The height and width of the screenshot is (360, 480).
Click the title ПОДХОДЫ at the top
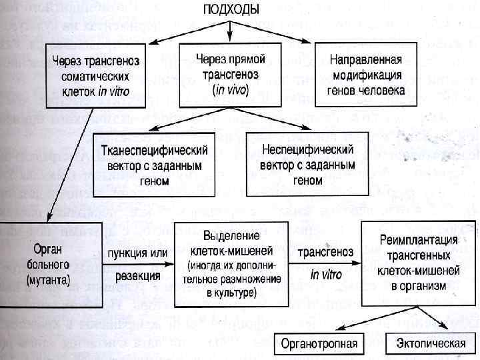(233, 10)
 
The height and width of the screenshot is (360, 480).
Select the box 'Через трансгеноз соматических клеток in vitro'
(96, 75)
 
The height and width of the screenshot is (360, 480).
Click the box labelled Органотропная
(319, 344)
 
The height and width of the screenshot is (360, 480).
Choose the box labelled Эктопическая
(425, 344)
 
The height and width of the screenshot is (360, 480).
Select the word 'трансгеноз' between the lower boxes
(326, 253)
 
